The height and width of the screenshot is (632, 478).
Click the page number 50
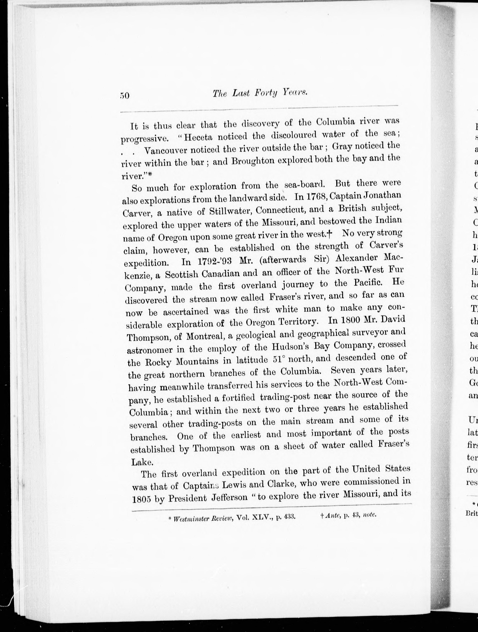click(125, 95)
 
